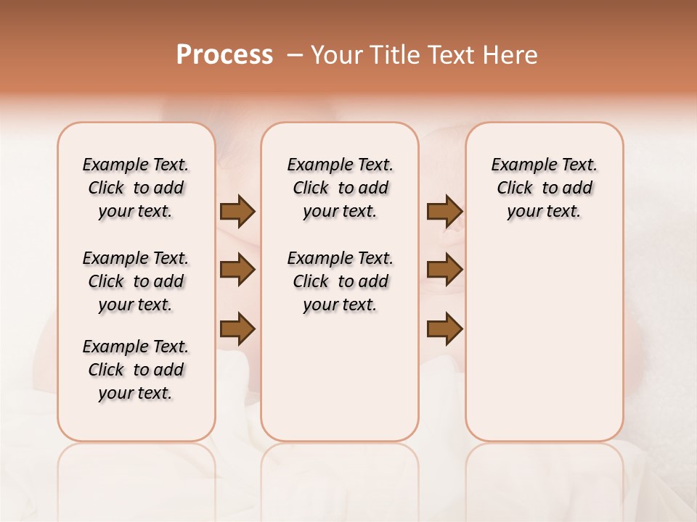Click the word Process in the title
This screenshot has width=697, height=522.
click(x=224, y=55)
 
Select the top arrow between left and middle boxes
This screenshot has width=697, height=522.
click(x=237, y=211)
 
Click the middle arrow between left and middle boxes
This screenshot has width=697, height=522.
click(x=237, y=270)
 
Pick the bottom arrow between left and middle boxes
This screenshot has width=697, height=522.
click(x=237, y=329)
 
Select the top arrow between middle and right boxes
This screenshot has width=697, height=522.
click(x=445, y=211)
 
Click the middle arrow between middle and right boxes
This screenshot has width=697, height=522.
click(x=445, y=270)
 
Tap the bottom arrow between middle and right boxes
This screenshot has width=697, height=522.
click(x=445, y=329)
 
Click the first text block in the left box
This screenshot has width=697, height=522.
click(x=136, y=188)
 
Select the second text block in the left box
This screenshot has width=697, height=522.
click(x=136, y=281)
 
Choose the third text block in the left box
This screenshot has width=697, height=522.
click(x=136, y=370)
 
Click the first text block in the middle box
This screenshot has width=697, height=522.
click(x=341, y=188)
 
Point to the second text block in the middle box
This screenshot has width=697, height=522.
click(x=341, y=281)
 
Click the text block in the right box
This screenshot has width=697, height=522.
click(x=545, y=188)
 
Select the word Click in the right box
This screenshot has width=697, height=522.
click(x=515, y=188)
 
